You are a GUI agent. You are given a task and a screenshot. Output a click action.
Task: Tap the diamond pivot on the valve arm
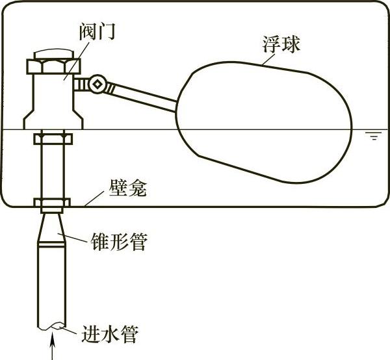click(x=97, y=83)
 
